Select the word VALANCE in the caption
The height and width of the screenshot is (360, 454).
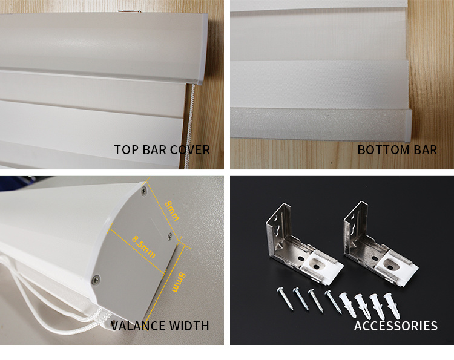click(x=138, y=326)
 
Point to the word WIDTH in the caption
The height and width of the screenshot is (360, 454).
click(x=189, y=326)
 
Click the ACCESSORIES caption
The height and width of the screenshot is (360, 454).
click(x=395, y=326)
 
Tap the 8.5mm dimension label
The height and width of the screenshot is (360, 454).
click(x=144, y=247)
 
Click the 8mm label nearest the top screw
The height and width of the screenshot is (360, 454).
click(x=172, y=211)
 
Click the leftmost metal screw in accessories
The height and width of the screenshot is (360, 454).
click(x=285, y=299)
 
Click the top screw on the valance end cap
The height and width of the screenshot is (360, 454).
click(x=143, y=191)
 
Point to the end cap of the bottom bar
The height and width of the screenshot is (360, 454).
click(x=408, y=125)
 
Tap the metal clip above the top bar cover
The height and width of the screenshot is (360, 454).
click(x=130, y=11)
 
